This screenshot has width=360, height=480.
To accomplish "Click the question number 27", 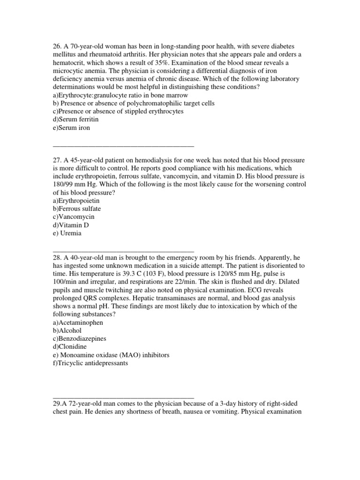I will point(58,159).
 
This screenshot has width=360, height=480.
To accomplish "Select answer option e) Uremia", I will point(68,233).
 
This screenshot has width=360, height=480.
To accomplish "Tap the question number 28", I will point(58,257).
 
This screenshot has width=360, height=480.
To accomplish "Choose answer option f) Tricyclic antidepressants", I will point(90,363).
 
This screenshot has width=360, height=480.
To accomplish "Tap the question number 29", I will point(58,404).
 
